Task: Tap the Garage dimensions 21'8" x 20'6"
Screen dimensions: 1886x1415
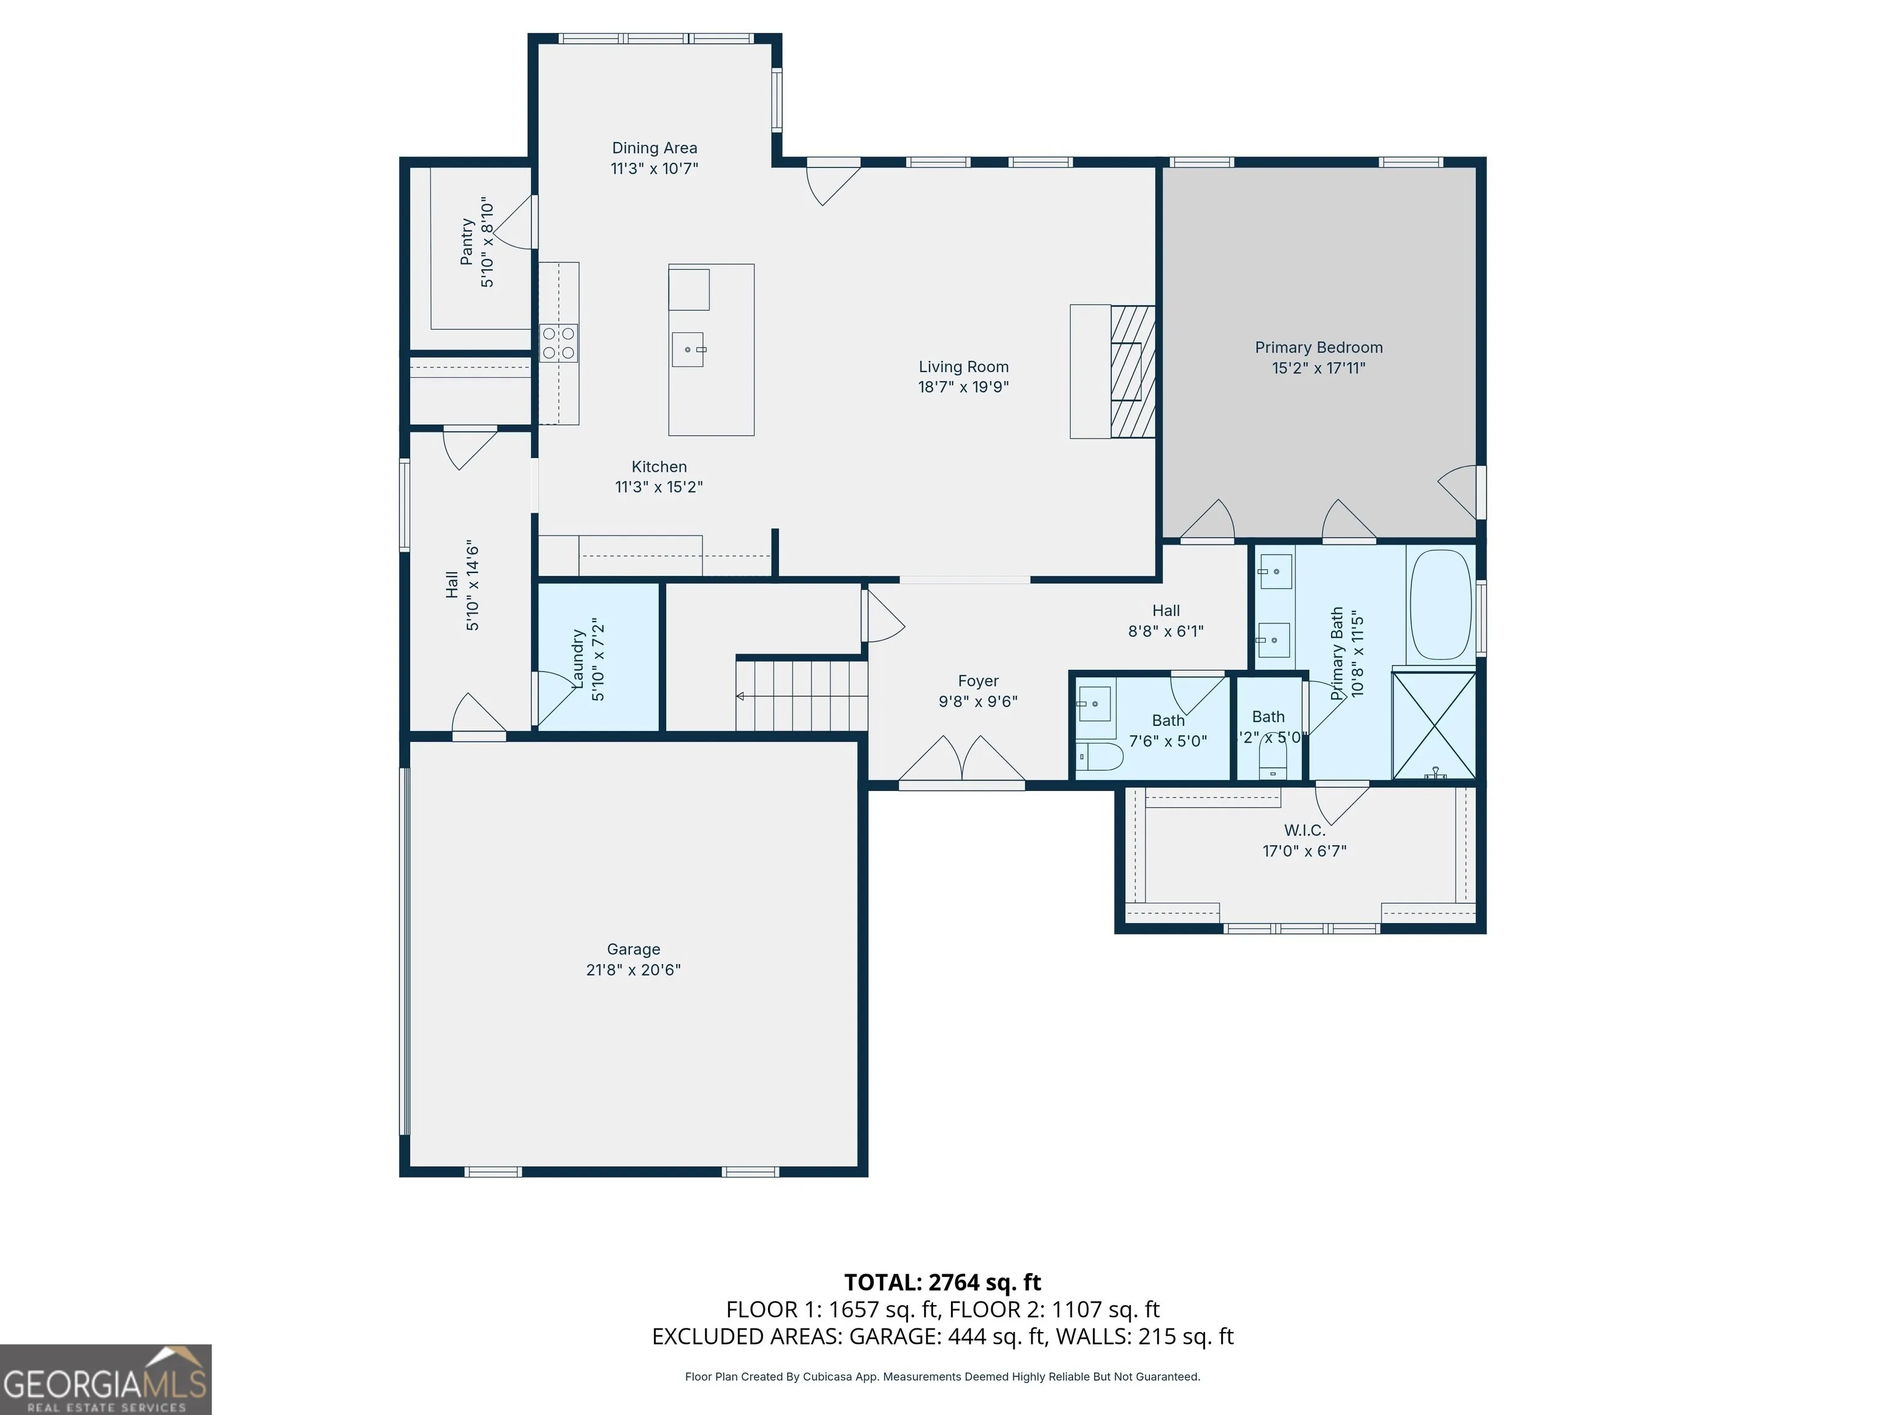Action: (634, 970)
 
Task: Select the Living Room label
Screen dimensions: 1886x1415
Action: (963, 367)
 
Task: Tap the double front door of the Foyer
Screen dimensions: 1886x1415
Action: (962, 759)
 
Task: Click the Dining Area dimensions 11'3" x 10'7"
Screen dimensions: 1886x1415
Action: (654, 169)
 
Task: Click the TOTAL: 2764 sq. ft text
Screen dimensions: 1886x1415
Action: (942, 1282)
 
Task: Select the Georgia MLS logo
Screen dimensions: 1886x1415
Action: (106, 1379)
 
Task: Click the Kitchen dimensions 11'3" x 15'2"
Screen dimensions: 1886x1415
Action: (659, 487)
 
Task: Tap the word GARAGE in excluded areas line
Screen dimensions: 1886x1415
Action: (894, 1336)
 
